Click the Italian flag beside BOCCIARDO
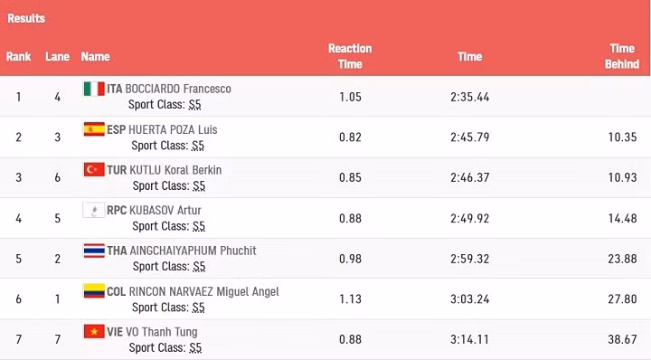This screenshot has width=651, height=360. tap(94, 89)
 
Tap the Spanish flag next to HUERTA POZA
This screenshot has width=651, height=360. tap(94, 129)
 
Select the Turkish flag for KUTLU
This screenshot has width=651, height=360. tap(94, 169)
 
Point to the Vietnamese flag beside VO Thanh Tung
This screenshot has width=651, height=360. tap(94, 331)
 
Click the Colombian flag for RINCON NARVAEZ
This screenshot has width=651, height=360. tap(94, 290)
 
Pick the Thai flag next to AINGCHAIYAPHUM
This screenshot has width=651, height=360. tap(94, 251)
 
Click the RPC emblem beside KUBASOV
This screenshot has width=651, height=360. tap(94, 210)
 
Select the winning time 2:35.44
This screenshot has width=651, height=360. tap(469, 97)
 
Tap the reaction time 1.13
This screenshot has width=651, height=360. tap(350, 299)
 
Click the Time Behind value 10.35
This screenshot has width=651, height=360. tap(622, 137)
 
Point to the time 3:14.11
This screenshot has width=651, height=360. tap(469, 339)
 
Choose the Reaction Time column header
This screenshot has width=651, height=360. tap(350, 56)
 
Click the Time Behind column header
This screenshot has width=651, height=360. tap(622, 56)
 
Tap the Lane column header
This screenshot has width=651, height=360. tap(57, 56)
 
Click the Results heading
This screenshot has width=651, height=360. tap(26, 18)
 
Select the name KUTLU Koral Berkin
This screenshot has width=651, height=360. tap(175, 170)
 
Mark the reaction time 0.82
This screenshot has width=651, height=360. tap(350, 137)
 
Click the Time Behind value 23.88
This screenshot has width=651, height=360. tap(622, 259)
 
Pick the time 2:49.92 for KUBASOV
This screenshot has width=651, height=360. tap(469, 218)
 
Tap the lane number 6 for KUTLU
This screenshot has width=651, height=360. tap(57, 177)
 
